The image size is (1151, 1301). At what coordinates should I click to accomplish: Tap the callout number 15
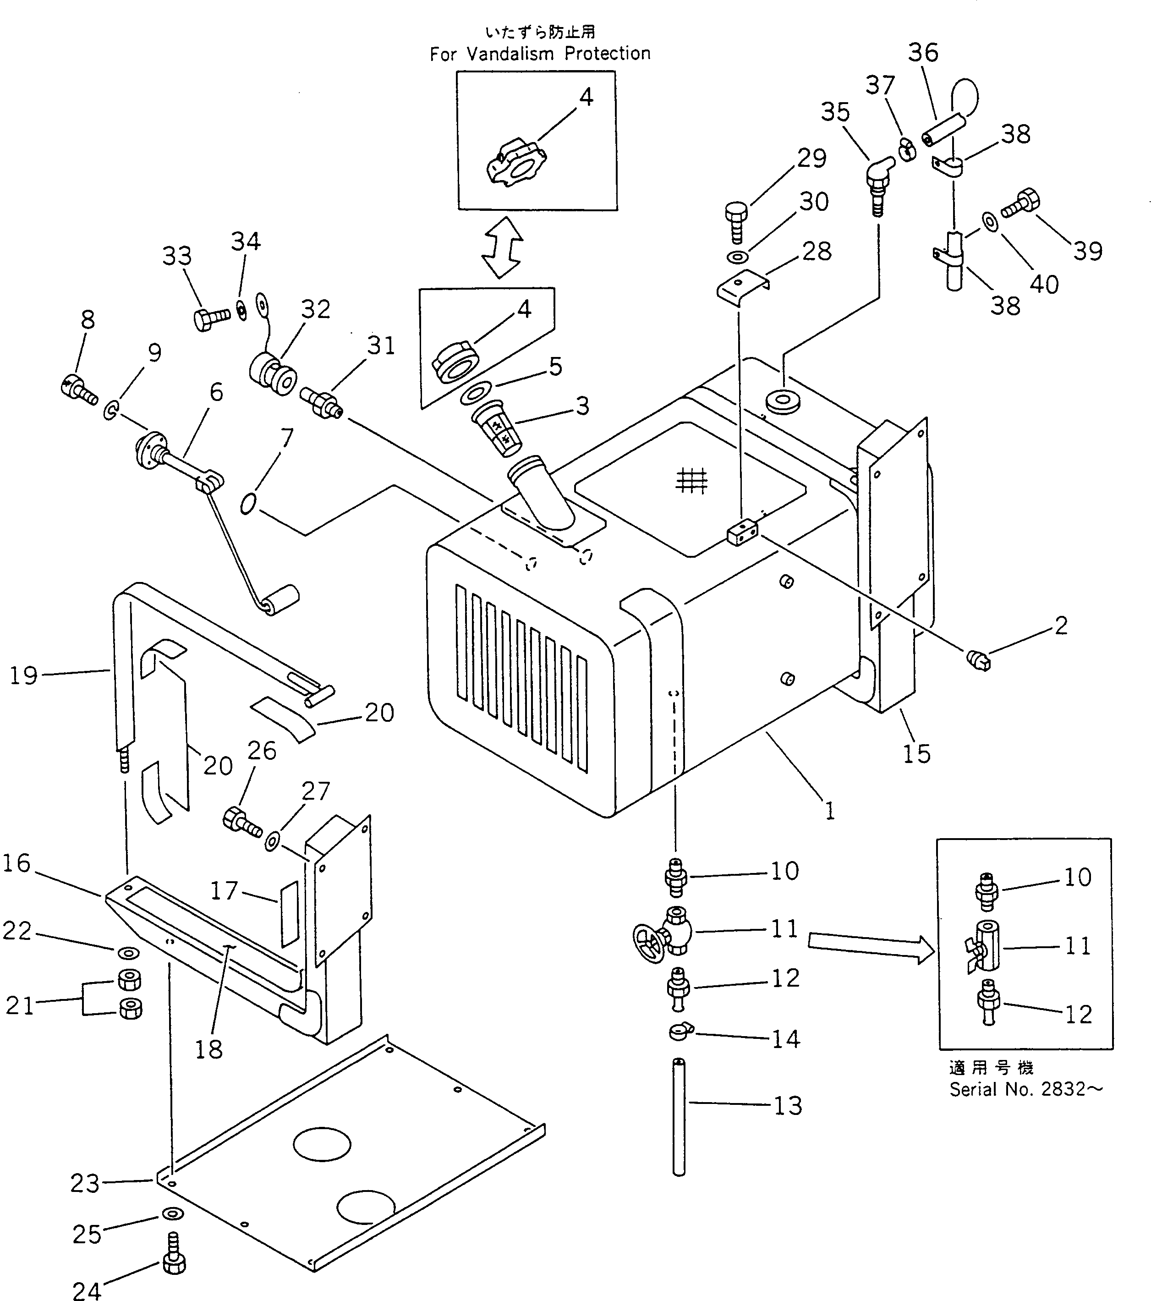click(916, 754)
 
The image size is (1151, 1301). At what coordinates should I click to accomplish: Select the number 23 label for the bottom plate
click(85, 1183)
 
